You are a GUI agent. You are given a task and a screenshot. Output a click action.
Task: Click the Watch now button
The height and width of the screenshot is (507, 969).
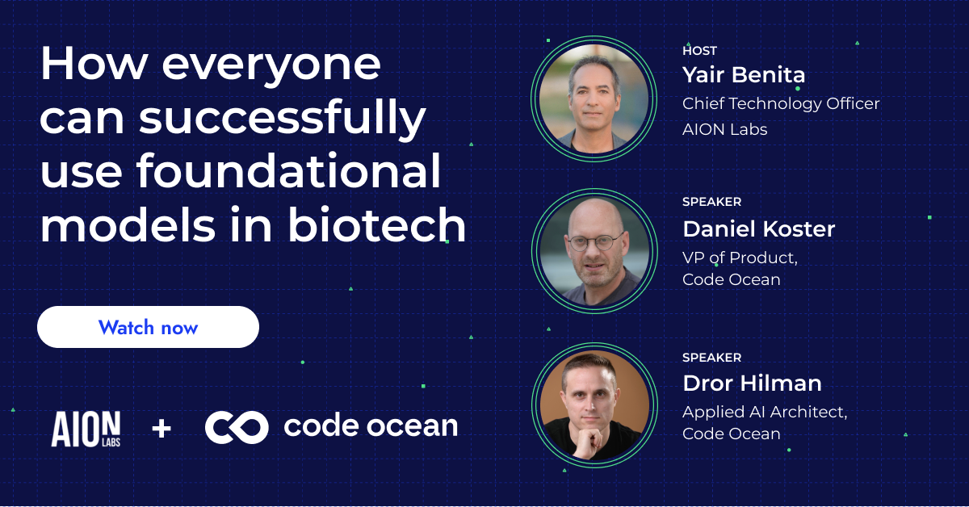click(148, 327)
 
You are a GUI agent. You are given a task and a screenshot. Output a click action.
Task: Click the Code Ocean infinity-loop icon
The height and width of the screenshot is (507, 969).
click(236, 427)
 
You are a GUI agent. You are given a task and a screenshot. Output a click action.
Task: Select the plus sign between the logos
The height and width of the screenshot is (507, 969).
click(161, 428)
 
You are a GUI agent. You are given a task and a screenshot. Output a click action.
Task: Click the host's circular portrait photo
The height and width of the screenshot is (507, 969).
click(593, 98)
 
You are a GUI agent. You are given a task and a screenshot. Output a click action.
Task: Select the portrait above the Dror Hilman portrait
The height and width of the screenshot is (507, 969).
click(593, 250)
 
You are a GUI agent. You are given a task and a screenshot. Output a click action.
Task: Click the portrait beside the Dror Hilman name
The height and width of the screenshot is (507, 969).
click(593, 403)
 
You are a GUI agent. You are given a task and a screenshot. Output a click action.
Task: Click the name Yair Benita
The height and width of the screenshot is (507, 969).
click(743, 75)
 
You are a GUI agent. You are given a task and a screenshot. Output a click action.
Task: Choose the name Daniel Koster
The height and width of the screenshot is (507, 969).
click(758, 228)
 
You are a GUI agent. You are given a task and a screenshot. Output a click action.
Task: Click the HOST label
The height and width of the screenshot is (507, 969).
click(699, 51)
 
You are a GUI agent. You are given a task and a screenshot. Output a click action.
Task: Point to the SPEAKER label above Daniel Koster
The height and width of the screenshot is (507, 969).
click(711, 202)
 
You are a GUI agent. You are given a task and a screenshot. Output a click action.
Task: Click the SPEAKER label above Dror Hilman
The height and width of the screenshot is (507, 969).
click(711, 357)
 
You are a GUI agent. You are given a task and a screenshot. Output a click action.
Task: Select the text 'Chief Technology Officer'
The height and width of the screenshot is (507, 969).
click(780, 103)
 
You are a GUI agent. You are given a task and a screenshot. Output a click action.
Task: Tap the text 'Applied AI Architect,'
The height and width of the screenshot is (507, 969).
click(764, 412)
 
